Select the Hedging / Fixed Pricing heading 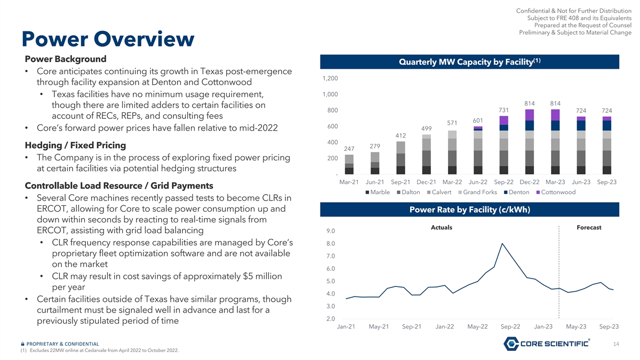pos(75,145)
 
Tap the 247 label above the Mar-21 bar pos(349,149)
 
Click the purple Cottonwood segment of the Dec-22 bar pos(529,115)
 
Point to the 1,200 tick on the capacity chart pos(329,78)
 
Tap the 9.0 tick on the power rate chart pos(330,231)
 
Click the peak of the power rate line pos(502,244)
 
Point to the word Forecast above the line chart pos(589,228)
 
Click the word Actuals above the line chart pos(441,228)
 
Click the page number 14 pos(616,344)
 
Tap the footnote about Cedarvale pos(93,350)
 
